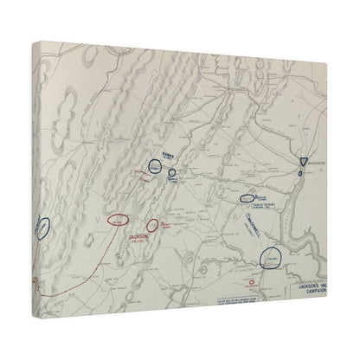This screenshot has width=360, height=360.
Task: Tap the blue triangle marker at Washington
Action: coord(301,163)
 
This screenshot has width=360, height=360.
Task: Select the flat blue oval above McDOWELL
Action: coord(252,198)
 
